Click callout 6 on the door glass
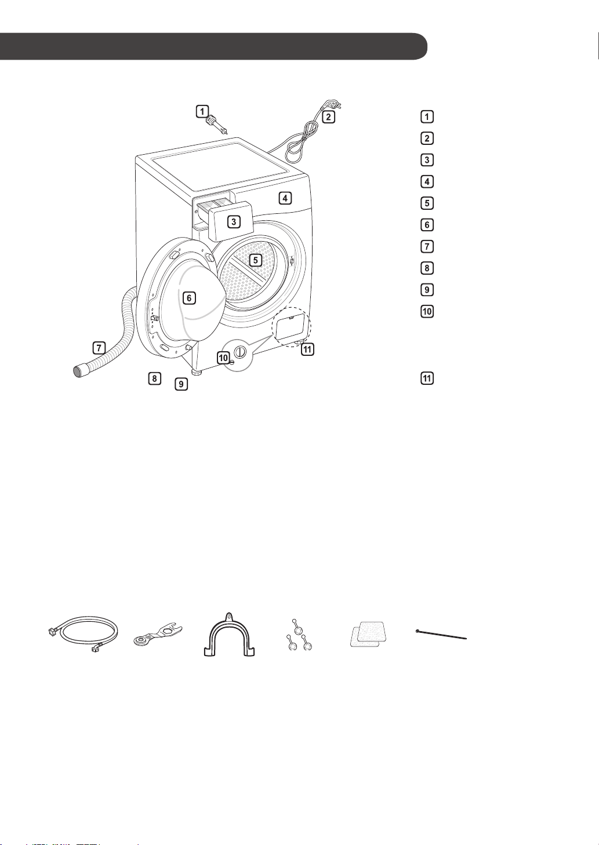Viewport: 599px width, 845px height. coord(189,298)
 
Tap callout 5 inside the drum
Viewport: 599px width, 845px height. coord(256,260)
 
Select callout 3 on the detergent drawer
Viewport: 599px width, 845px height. coord(234,221)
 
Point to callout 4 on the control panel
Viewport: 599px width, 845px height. coord(285,198)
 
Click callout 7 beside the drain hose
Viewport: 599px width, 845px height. coord(99,347)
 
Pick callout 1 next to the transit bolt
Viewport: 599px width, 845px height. coord(202,111)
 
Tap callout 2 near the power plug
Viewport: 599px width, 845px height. coord(328,116)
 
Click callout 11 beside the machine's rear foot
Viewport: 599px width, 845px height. coord(307,349)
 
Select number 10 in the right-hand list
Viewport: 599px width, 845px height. coord(427,311)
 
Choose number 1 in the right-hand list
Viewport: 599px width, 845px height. coord(427,116)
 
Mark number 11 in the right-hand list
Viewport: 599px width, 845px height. coord(427,378)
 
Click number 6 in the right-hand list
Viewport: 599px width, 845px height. coord(427,225)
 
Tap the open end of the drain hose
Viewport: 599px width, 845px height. coord(79,370)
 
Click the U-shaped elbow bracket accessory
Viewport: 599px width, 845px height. coord(229,635)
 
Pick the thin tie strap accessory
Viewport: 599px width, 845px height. coord(441,635)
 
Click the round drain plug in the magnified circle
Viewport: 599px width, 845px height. coord(240,352)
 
